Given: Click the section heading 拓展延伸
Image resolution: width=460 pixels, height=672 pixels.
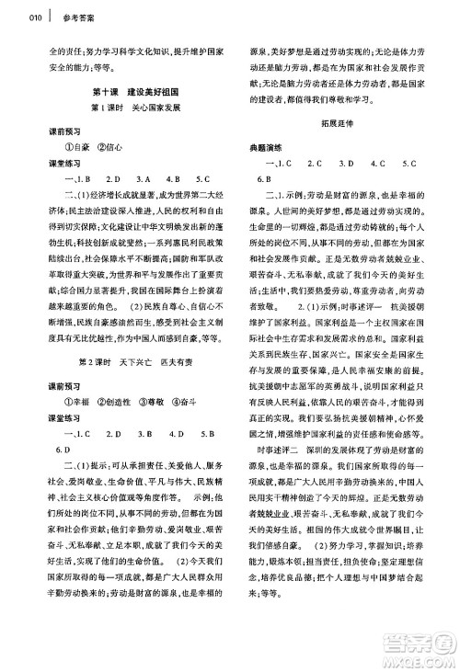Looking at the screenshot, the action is pos(335,129).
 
